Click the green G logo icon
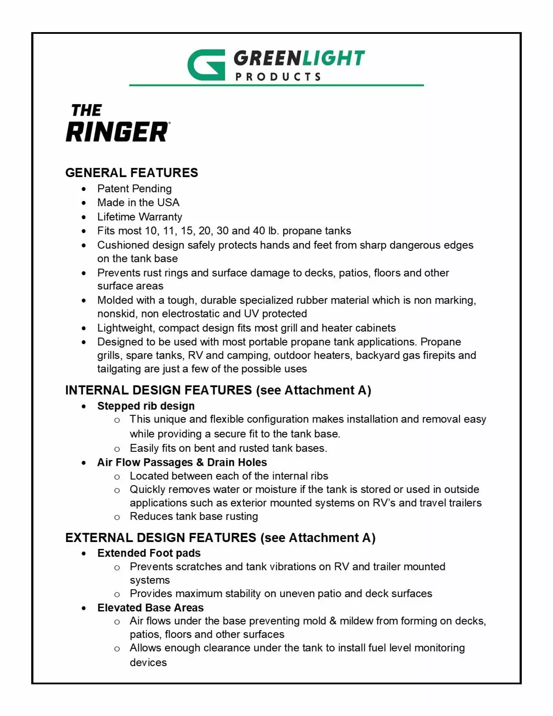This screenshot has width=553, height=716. (206, 65)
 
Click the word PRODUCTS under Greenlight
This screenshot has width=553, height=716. (278, 77)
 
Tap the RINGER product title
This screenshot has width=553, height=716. (118, 132)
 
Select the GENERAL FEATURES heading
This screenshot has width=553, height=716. (131, 173)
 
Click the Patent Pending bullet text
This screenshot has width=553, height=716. (134, 189)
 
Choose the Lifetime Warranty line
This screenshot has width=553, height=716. (140, 217)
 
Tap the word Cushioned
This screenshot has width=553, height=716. (120, 245)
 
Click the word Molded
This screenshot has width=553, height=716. (115, 300)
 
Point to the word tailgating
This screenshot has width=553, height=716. (117, 369)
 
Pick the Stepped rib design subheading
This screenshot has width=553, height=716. (146, 406)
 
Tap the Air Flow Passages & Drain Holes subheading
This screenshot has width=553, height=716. (182, 463)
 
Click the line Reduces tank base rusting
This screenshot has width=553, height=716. (193, 516)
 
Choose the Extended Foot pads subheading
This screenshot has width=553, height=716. (149, 553)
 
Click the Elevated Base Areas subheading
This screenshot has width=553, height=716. (150, 608)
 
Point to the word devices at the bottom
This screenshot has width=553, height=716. (148, 663)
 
